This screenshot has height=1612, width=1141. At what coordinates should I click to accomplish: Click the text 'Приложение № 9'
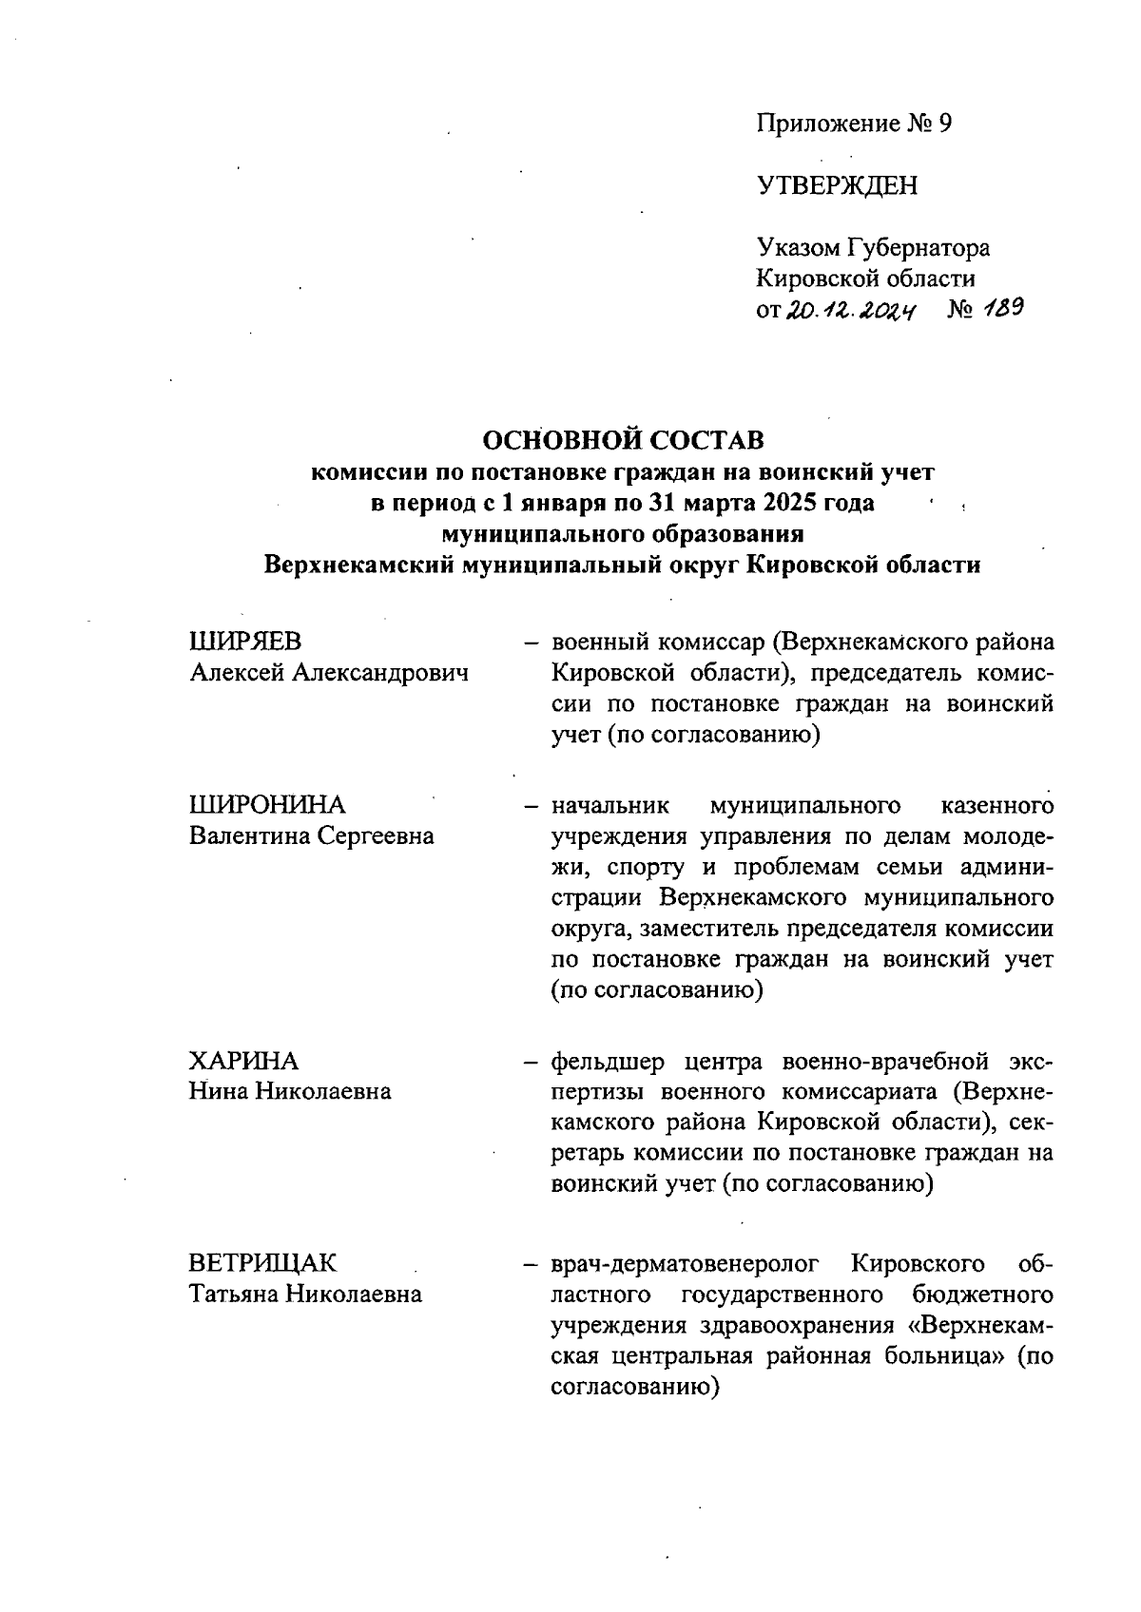853,124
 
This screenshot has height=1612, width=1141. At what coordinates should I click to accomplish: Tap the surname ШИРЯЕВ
246,642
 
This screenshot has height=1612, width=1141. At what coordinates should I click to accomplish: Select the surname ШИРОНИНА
267,805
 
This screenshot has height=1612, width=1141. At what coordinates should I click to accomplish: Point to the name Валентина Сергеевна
312,836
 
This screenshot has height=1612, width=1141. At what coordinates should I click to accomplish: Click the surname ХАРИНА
243,1061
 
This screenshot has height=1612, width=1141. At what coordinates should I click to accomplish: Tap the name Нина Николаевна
290,1091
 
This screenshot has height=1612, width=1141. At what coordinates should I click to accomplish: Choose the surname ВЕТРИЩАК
262,1264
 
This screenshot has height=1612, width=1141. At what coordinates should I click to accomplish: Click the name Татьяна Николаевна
305,1295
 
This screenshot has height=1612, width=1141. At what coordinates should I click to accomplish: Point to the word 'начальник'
609,806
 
